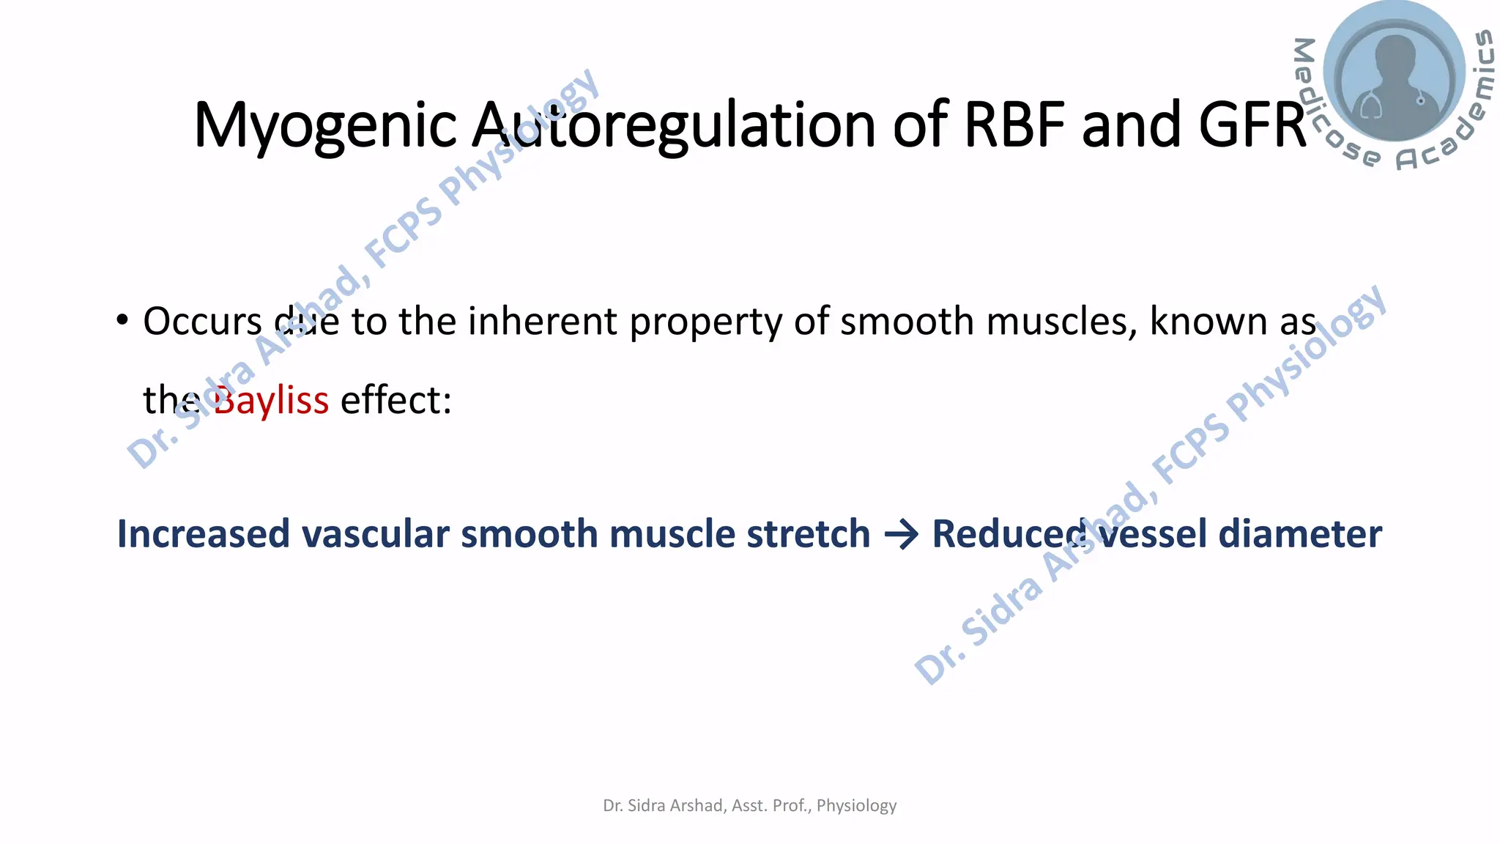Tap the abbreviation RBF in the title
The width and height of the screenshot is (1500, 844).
click(x=1014, y=125)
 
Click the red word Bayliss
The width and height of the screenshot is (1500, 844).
click(x=271, y=401)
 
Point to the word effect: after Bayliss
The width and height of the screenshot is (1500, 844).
click(x=396, y=401)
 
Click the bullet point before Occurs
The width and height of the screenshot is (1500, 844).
click(x=122, y=320)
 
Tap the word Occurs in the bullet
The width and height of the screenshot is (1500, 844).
click(x=202, y=322)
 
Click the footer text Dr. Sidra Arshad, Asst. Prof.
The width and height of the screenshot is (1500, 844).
click(x=749, y=805)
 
